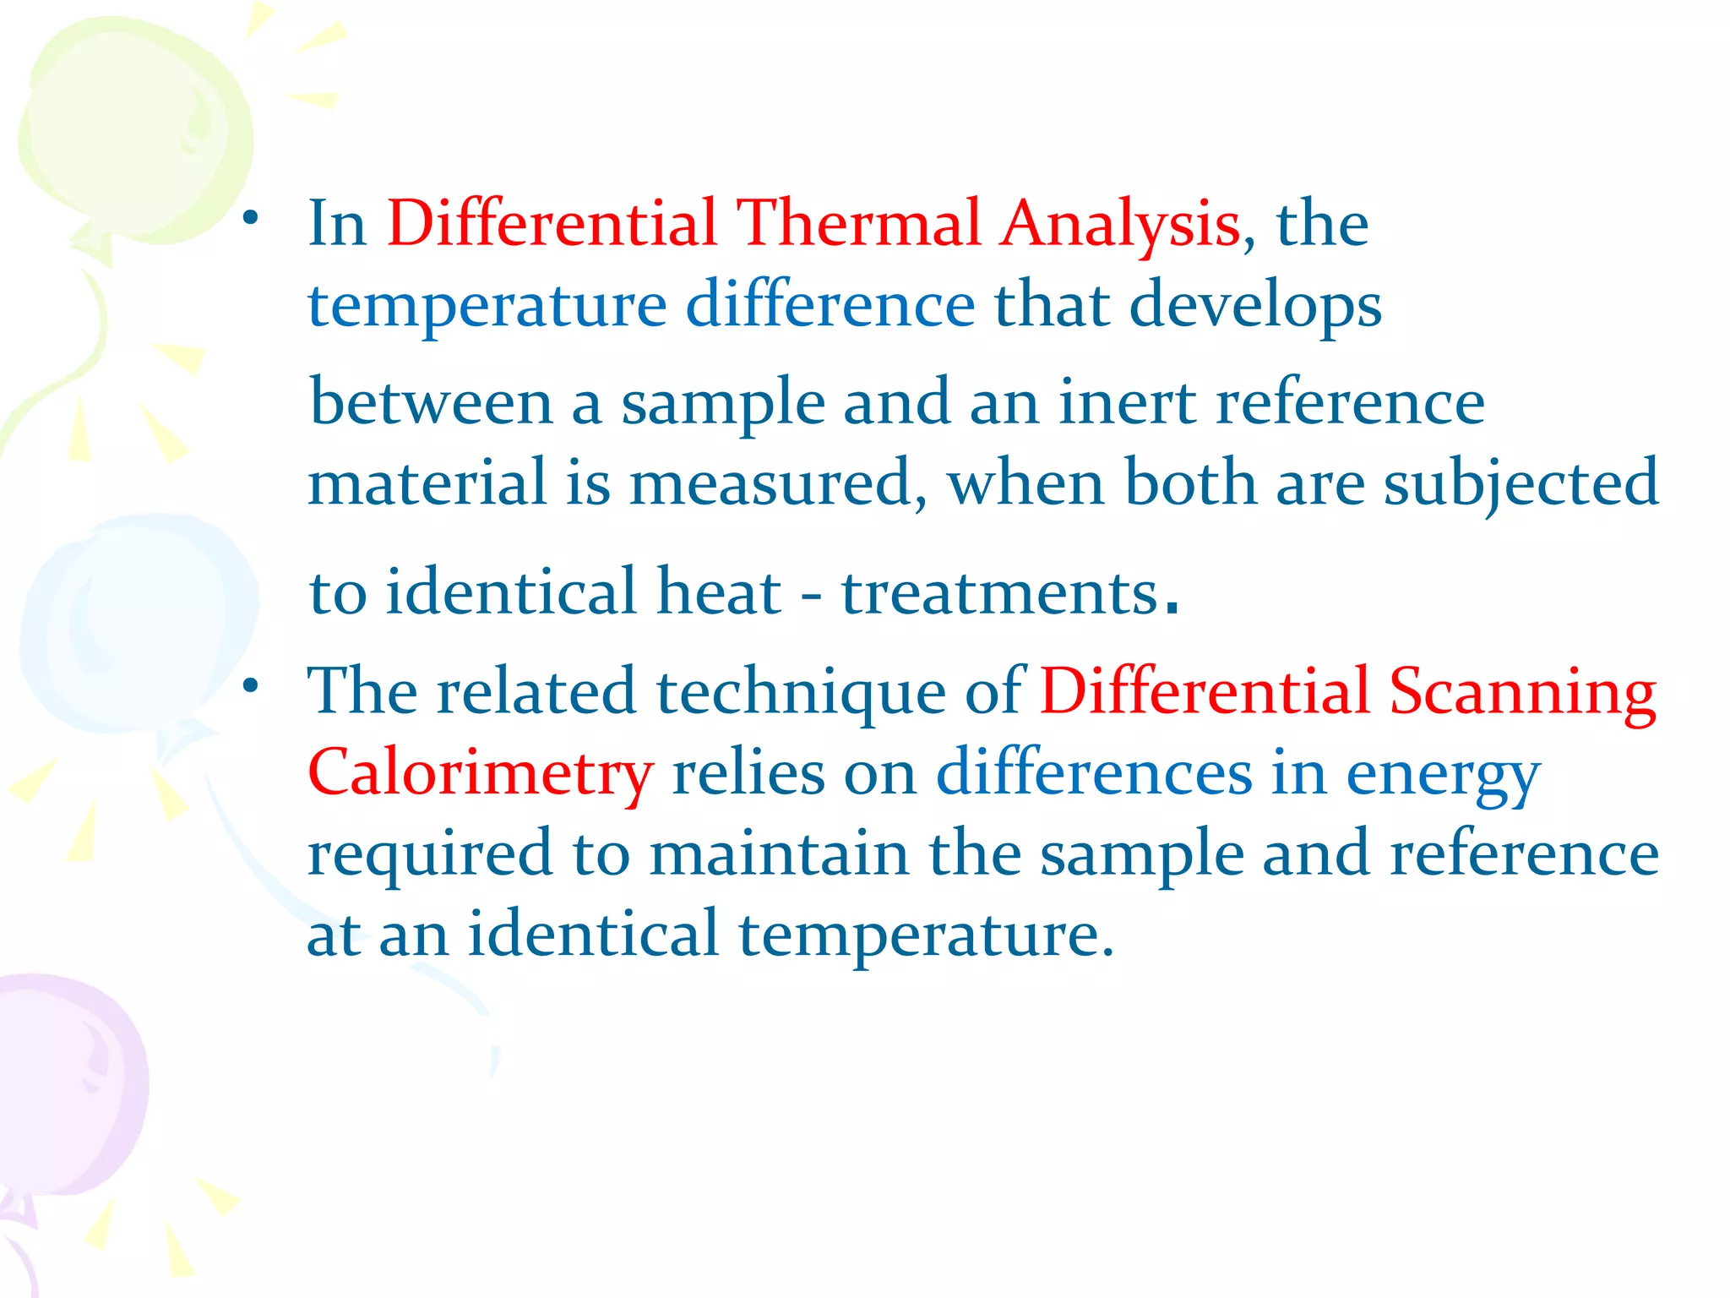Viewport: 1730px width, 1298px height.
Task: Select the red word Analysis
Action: [x=1119, y=225]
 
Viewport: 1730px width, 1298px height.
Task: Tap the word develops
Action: [x=1255, y=306]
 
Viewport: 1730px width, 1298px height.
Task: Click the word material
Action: [x=427, y=483]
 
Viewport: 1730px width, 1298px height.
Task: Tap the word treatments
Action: [x=999, y=592]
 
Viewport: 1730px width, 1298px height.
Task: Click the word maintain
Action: [x=779, y=854]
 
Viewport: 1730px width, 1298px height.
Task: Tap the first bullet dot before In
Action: [x=249, y=220]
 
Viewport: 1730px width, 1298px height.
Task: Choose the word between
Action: [x=431, y=402]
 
